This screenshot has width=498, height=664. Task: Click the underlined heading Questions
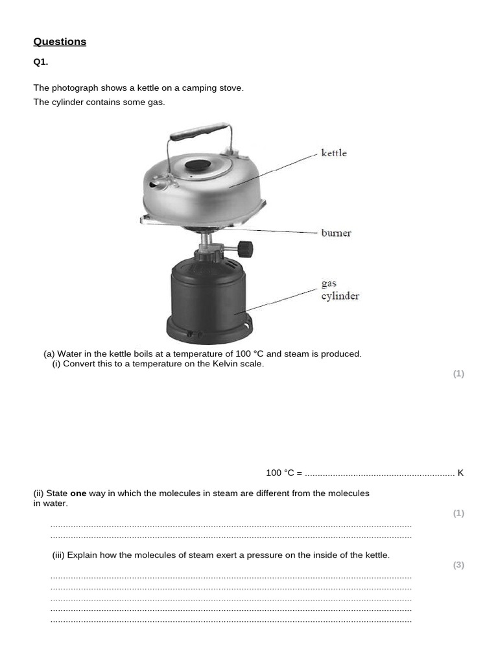[x=60, y=41]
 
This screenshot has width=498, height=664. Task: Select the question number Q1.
[x=41, y=62]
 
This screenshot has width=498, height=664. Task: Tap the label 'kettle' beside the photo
[x=334, y=153]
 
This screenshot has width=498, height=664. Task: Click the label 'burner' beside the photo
[x=336, y=233]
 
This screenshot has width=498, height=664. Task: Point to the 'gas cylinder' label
[x=340, y=290]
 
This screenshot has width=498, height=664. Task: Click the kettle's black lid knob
[x=198, y=165]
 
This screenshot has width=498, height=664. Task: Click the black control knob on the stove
[x=244, y=249]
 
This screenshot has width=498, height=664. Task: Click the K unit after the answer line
[x=460, y=473]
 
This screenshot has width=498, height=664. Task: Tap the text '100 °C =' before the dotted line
[x=284, y=473]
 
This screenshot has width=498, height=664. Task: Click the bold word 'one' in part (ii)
[x=78, y=493]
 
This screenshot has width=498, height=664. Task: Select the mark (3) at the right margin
[x=458, y=565]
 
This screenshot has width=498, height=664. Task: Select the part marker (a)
[x=49, y=354]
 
